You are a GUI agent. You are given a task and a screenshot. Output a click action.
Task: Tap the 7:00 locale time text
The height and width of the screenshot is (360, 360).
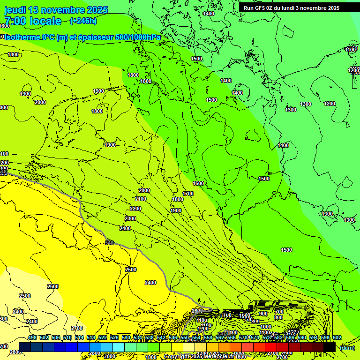33,21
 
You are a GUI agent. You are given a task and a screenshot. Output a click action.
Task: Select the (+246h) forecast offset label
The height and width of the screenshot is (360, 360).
83,21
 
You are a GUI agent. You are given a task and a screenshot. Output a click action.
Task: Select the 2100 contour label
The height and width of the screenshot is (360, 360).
141,199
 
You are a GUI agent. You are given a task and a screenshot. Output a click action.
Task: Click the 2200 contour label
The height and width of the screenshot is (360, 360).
135,209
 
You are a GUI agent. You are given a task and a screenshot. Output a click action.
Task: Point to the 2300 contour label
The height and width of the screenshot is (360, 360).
130,219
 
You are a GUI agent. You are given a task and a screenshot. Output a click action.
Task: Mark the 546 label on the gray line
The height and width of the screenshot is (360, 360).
109,242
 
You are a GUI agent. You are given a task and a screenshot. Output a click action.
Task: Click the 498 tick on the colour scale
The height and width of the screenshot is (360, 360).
32,337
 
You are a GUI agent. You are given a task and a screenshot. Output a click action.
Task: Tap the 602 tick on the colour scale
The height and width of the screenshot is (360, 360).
337,337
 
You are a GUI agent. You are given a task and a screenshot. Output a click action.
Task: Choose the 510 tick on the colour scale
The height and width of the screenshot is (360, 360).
67,337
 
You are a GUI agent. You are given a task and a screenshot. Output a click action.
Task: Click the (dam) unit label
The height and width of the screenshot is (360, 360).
348,348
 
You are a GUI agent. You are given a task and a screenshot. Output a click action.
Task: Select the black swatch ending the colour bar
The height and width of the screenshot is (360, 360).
329,347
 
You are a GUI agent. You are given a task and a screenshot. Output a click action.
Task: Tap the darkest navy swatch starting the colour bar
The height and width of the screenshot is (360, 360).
25,347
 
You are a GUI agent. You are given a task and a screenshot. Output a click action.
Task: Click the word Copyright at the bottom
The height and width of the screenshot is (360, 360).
177,357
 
